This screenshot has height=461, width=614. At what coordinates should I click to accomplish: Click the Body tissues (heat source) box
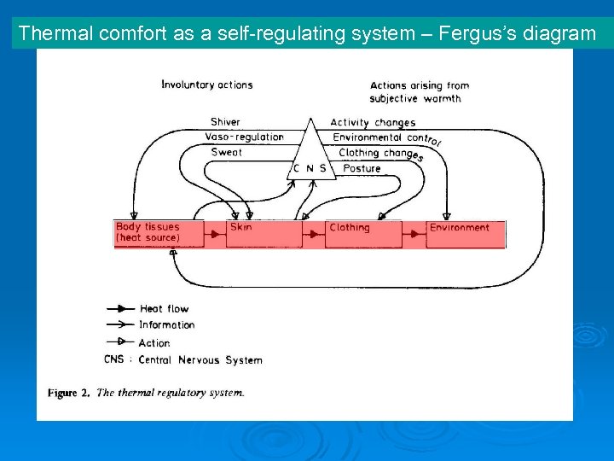click(x=159, y=233)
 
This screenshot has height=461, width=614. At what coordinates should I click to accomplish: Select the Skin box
click(x=264, y=233)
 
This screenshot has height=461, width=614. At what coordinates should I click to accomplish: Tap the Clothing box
click(x=362, y=233)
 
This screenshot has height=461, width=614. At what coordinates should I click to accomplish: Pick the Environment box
click(x=466, y=233)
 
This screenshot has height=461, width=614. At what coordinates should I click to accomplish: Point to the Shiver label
click(x=225, y=122)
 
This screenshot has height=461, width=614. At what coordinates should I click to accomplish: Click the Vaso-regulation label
click(x=245, y=137)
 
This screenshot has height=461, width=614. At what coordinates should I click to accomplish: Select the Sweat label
click(x=226, y=152)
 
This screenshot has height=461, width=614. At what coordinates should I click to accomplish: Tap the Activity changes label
click(x=373, y=123)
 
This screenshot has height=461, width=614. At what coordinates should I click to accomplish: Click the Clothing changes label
click(x=380, y=154)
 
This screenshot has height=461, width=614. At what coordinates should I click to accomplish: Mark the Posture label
click(x=362, y=168)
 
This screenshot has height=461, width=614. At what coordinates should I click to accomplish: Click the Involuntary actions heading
click(x=206, y=85)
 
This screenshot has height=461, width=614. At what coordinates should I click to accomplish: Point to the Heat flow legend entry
click(x=164, y=308)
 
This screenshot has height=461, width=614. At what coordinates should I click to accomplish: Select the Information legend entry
click(x=167, y=324)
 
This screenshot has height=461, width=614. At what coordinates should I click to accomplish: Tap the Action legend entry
click(x=154, y=342)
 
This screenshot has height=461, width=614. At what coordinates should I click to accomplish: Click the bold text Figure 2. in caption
click(x=69, y=393)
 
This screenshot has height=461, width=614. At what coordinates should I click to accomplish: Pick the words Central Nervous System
click(x=200, y=359)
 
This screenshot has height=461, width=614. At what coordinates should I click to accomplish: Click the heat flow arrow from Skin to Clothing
click(x=313, y=233)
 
